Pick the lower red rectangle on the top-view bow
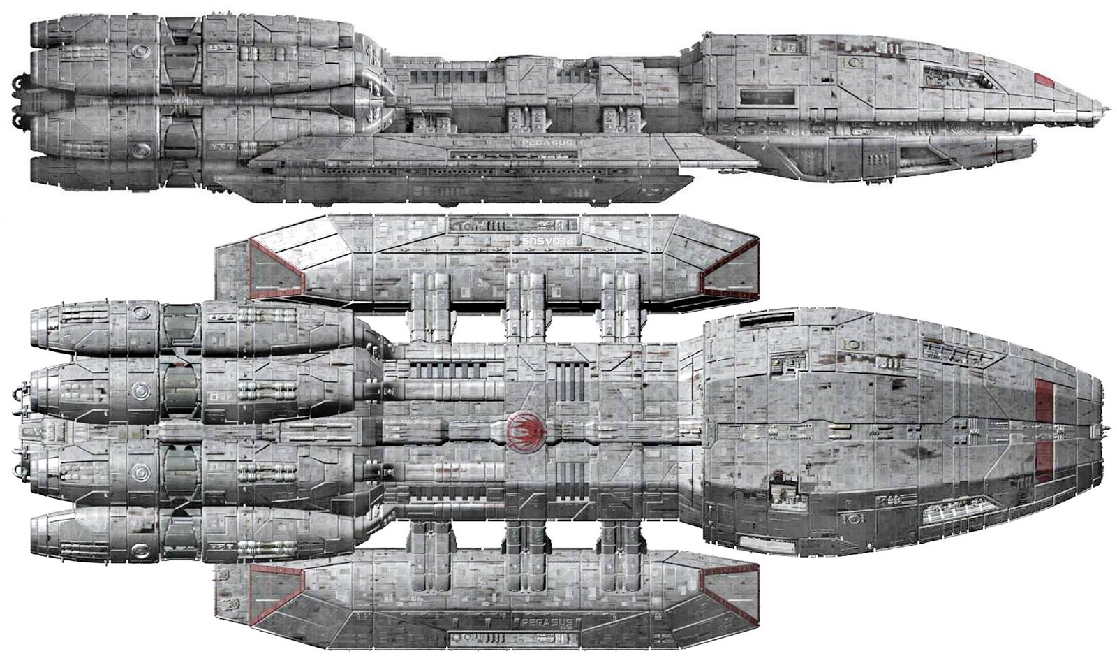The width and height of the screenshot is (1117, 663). [1044, 461]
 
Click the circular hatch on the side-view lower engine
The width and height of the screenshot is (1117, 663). [142, 148]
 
